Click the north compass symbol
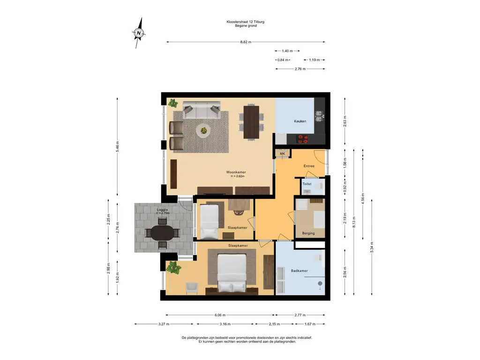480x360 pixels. [x=139, y=33]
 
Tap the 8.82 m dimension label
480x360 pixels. [x=246, y=42]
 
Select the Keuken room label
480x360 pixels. [x=300, y=121]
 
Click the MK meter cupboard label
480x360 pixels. [x=282, y=154]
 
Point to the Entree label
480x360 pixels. [x=309, y=166]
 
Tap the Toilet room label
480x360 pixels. [x=307, y=184]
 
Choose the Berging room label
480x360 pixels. [x=308, y=233]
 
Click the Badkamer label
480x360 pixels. [x=300, y=270]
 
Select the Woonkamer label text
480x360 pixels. [x=236, y=172]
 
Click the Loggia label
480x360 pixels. [x=162, y=210]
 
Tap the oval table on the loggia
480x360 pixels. [x=162, y=233]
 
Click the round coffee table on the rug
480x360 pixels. [x=203, y=131]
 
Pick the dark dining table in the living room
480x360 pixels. [x=251, y=122]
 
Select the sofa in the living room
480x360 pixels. [x=202, y=110]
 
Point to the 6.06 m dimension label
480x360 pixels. [x=220, y=315]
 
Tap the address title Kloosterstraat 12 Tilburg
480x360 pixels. [x=246, y=22]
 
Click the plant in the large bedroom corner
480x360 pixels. [x=173, y=267]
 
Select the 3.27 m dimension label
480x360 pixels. [x=164, y=324]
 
